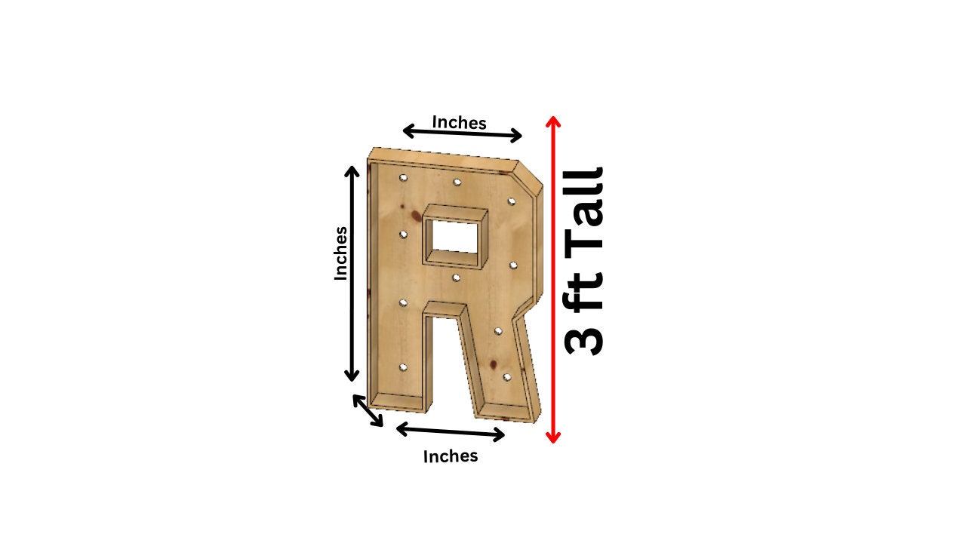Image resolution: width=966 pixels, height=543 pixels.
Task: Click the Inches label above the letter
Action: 459,122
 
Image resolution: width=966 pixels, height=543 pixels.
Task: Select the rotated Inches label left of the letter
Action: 341,253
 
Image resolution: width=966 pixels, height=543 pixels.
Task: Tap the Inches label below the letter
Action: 451,456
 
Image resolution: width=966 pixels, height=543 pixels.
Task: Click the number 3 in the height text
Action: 584,331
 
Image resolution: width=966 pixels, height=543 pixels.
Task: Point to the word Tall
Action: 584,208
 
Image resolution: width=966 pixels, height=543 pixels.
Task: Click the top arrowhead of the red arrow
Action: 553,121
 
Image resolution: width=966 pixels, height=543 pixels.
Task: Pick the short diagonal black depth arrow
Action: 368,411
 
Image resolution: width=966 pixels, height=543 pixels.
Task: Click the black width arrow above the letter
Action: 462,133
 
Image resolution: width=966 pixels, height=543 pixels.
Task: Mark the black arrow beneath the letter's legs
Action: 451,431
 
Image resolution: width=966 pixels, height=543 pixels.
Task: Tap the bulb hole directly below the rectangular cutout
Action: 456,278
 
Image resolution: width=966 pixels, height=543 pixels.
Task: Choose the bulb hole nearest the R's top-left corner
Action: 403,179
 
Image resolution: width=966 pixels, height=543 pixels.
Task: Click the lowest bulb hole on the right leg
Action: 507,376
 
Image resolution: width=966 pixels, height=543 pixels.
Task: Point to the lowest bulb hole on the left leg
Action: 403,367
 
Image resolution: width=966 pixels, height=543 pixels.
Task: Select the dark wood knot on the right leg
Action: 493,365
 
